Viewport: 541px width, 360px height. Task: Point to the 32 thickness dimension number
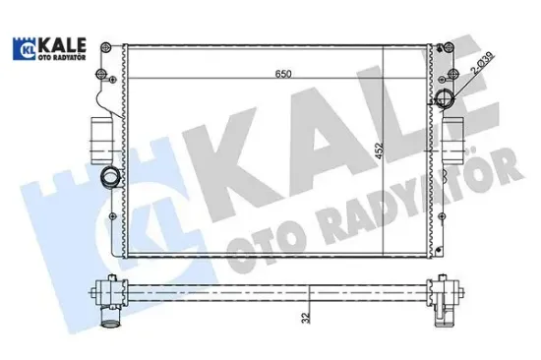pos(310,320)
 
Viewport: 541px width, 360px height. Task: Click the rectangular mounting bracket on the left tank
pos(100,134)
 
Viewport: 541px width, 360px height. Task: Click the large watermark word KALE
pos(334,148)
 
